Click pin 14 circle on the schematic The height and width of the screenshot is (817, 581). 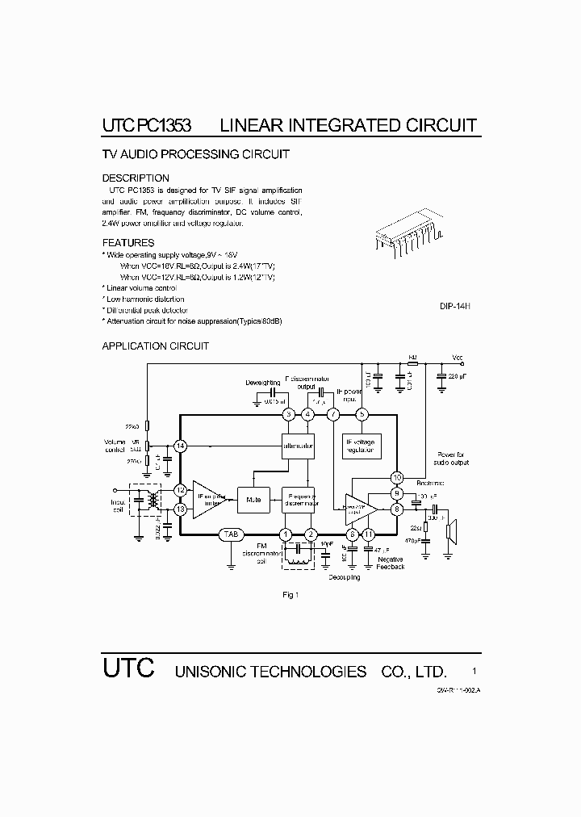(x=180, y=446)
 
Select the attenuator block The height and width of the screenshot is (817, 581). (x=298, y=446)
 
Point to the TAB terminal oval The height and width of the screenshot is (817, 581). (x=232, y=534)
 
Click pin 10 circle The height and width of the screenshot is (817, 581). (x=397, y=477)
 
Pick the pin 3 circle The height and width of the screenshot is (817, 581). (x=289, y=414)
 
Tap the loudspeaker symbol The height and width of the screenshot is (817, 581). (x=454, y=532)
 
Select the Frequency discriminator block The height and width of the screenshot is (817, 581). (x=298, y=501)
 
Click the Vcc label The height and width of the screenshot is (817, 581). (x=458, y=357)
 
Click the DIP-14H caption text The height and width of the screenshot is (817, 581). (x=455, y=307)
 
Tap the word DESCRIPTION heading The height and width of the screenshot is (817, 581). (x=136, y=178)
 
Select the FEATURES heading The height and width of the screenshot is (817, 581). (x=128, y=243)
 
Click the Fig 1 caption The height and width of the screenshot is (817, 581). (x=290, y=596)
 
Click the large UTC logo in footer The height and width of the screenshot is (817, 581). (x=127, y=669)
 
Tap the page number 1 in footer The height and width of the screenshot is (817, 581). (x=474, y=671)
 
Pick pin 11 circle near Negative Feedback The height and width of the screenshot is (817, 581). (x=369, y=534)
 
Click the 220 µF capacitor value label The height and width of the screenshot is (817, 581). (x=458, y=377)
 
